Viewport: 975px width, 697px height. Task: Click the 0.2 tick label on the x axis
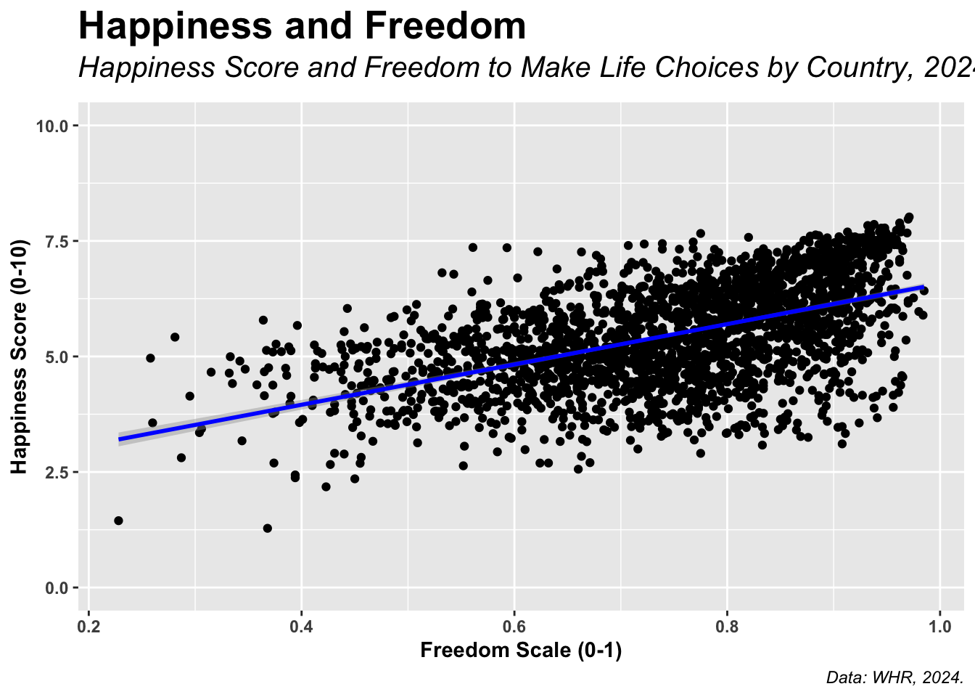point(89,626)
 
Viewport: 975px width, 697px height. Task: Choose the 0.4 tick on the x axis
point(301,626)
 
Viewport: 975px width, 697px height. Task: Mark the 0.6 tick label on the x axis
point(514,626)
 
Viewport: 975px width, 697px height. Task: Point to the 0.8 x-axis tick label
point(727,626)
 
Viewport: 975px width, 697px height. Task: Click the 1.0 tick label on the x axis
point(939,626)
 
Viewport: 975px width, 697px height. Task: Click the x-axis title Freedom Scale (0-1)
point(521,651)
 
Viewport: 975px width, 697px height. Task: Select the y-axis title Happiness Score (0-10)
point(20,356)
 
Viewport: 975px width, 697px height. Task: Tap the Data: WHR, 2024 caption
point(894,678)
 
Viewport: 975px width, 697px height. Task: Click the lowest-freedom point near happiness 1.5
point(118,521)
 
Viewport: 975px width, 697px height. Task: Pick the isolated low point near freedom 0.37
point(267,528)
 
